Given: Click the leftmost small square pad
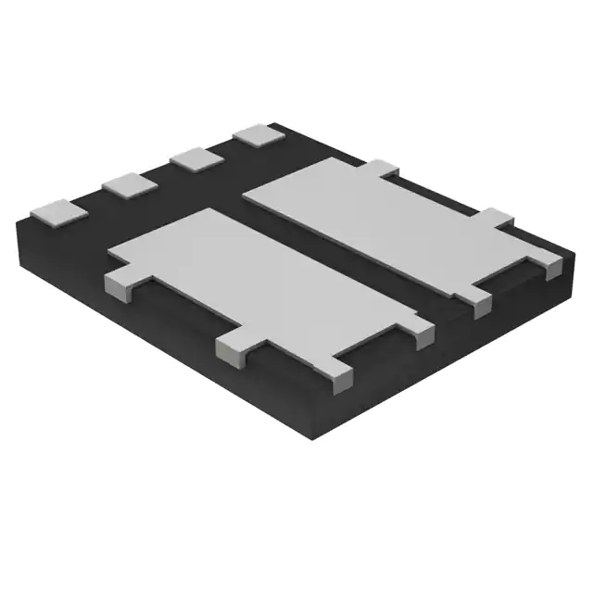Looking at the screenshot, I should [x=58, y=213].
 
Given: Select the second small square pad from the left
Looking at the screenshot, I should [x=129, y=184].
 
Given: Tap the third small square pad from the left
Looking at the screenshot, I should [x=195, y=158].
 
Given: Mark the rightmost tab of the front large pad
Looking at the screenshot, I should [x=423, y=333].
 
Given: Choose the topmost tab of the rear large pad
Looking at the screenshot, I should [x=385, y=169].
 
